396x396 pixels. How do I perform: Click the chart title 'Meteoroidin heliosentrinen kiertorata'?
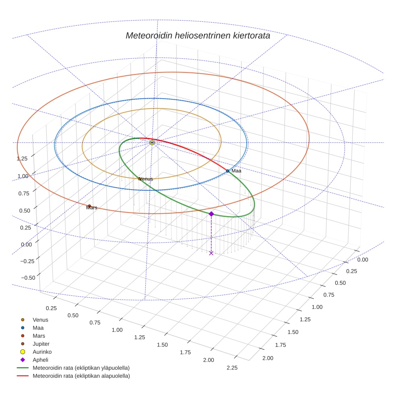[x=198, y=35]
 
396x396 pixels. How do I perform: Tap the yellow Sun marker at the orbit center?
[x=152, y=143]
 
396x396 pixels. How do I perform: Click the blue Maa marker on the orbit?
[x=227, y=171]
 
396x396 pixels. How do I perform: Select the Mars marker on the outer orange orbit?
[x=89, y=206]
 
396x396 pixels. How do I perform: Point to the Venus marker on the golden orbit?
[x=140, y=179]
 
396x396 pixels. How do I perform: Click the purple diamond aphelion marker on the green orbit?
[x=211, y=214]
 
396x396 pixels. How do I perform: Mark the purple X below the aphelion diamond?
[x=211, y=253]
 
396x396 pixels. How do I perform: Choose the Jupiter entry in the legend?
[x=41, y=344]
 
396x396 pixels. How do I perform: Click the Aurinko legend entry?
[x=42, y=352]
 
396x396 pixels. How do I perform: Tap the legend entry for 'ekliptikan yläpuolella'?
[x=81, y=368]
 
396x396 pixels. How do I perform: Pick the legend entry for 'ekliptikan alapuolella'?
[x=81, y=376]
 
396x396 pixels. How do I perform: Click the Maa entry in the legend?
[x=38, y=328]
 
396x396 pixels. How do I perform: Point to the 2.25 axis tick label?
[x=232, y=367]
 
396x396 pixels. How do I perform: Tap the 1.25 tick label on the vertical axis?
[x=22, y=158]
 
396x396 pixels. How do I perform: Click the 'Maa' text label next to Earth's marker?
[x=236, y=171]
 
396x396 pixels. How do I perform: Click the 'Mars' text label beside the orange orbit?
[x=92, y=208]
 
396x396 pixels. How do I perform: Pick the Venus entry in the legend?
[x=40, y=320]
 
